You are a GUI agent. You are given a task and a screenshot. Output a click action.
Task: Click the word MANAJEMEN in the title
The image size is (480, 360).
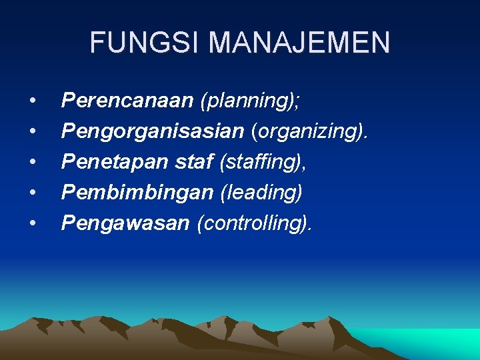[x=299, y=43]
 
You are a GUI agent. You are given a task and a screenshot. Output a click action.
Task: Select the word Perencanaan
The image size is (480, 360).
[x=127, y=101]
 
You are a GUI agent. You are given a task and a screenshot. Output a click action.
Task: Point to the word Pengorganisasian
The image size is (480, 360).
[x=153, y=132]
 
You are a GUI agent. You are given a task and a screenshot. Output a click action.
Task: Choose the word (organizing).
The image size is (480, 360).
[x=309, y=132]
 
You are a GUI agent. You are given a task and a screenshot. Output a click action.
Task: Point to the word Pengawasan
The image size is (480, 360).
[x=125, y=223]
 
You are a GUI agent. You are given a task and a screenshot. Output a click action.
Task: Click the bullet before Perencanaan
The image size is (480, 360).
[x=33, y=101]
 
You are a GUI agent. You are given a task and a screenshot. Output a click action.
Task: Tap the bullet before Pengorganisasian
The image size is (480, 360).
[x=33, y=132]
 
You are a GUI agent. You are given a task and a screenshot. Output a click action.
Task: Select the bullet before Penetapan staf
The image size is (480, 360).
[x=33, y=163]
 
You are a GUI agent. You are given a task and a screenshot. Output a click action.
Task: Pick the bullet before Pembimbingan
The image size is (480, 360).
[x=33, y=193]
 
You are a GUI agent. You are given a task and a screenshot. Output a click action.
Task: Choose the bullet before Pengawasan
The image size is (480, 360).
[x=33, y=224]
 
